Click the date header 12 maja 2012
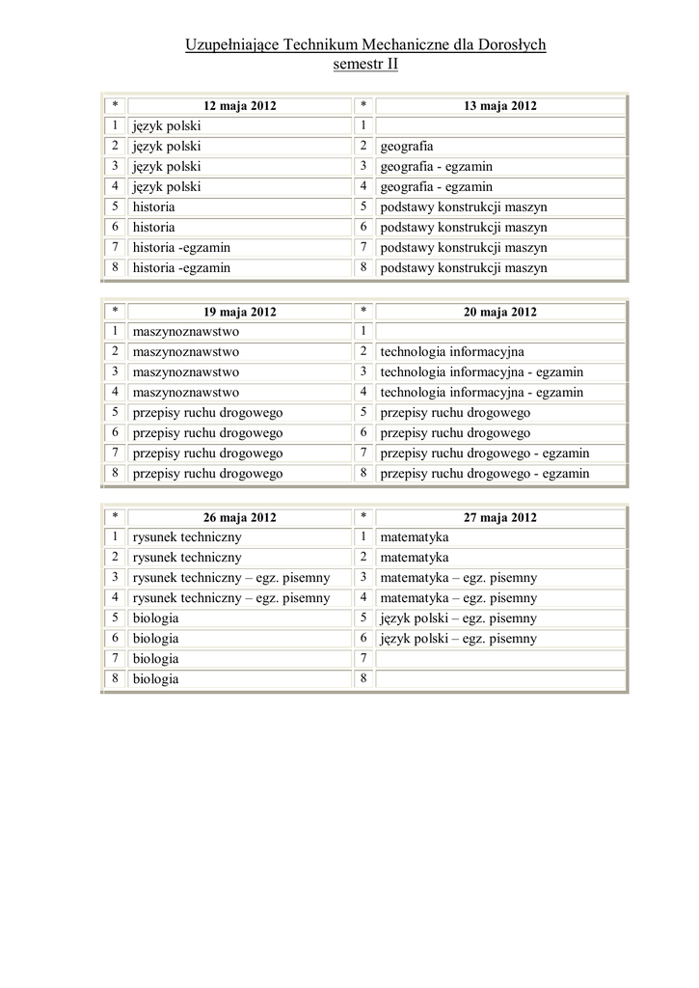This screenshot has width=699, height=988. pyautogui.click(x=239, y=106)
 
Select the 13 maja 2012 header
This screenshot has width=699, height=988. pyautogui.click(x=499, y=106)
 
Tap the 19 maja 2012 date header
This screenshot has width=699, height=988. pyautogui.click(x=239, y=312)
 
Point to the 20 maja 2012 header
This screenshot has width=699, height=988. pyautogui.click(x=499, y=312)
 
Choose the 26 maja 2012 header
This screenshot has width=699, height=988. pyautogui.click(x=239, y=517)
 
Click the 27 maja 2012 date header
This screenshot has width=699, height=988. pyautogui.click(x=499, y=517)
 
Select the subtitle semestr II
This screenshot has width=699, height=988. pyautogui.click(x=364, y=65)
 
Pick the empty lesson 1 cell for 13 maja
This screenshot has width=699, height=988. pyautogui.click(x=499, y=126)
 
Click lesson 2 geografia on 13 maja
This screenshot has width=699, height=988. pyautogui.click(x=407, y=147)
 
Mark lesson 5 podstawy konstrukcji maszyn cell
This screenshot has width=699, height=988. pyautogui.click(x=464, y=207)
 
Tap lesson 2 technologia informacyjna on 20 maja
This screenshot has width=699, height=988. pyautogui.click(x=452, y=352)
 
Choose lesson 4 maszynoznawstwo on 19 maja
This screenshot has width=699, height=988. pyautogui.click(x=186, y=393)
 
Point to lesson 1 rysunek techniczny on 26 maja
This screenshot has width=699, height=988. pyautogui.click(x=187, y=537)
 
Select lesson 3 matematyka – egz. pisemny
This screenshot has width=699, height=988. pyautogui.click(x=459, y=578)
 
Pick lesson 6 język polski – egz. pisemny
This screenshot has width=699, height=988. pyautogui.click(x=459, y=639)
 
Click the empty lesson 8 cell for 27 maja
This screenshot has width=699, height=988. pyautogui.click(x=499, y=679)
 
